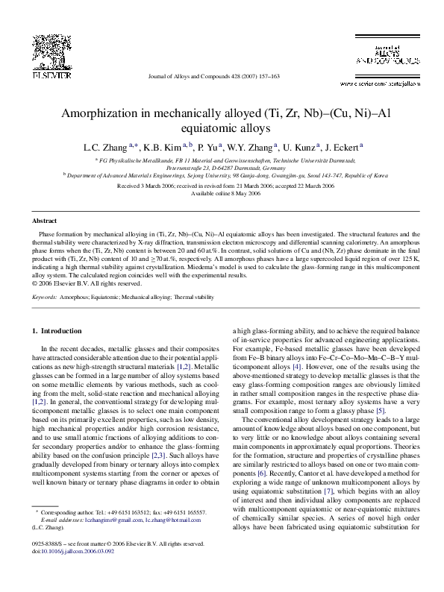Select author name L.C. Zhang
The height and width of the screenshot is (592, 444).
105,147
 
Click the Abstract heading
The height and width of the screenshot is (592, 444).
44,221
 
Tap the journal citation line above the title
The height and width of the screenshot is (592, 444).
213,76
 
